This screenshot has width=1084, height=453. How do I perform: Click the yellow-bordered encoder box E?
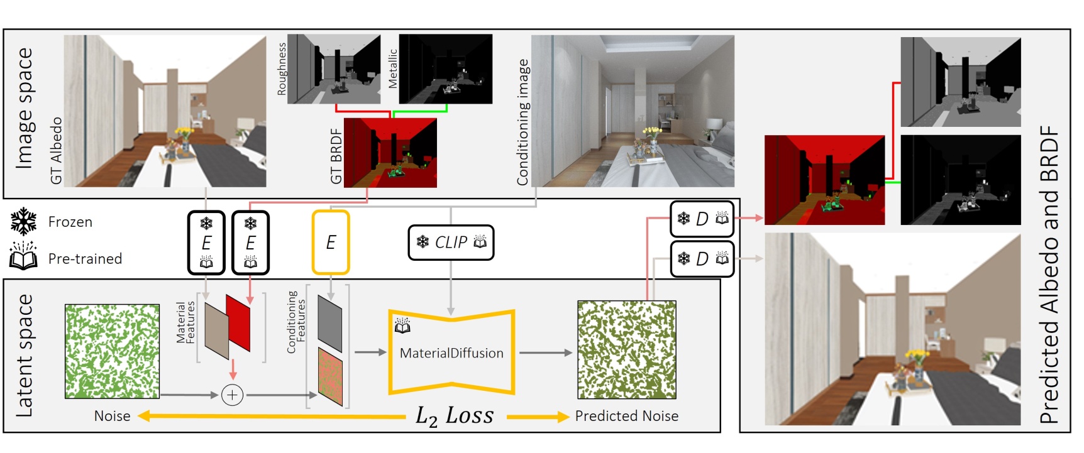click(331, 243)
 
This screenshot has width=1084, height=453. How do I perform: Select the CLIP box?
click(451, 243)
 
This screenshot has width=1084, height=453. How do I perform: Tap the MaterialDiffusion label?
click(451, 353)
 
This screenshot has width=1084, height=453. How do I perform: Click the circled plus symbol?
click(233, 395)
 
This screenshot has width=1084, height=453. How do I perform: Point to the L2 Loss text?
click(454, 416)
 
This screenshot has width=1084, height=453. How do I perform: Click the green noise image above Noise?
click(113, 351)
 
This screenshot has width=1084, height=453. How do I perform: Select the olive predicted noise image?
click(627, 350)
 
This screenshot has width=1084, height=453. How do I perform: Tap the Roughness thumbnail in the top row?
click(334, 69)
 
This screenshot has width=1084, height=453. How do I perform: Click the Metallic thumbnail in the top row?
click(446, 69)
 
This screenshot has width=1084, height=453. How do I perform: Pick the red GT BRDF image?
click(390, 153)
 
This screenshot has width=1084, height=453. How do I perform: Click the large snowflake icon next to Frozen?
click(24, 222)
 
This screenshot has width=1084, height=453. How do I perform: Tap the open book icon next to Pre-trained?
click(23, 257)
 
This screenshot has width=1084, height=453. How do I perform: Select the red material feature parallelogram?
click(238, 322)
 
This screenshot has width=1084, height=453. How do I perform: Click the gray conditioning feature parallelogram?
click(330, 324)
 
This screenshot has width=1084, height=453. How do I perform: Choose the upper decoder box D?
click(702, 219)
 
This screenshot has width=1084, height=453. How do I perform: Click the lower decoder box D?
click(702, 258)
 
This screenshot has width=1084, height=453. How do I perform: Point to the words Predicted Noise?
click(626, 416)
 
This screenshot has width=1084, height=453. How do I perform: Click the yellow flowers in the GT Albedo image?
click(183, 134)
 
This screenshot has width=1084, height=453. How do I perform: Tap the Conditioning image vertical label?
click(523, 123)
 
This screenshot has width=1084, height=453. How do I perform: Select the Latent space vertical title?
click(24, 355)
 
